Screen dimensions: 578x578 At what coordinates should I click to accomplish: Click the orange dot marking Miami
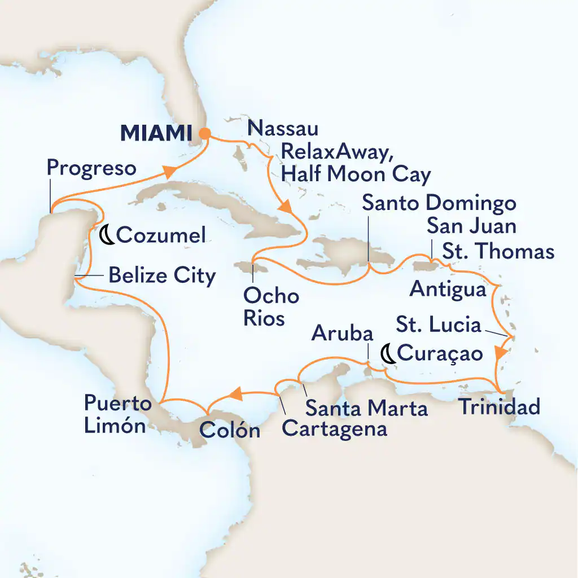[205, 134]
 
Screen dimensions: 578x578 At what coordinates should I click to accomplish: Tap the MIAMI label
[154, 134]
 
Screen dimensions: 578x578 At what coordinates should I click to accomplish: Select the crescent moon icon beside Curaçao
[388, 354]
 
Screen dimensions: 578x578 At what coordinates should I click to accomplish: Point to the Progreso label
[91, 168]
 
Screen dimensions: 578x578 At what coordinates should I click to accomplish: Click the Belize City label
[162, 276]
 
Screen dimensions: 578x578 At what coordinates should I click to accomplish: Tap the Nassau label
[283, 129]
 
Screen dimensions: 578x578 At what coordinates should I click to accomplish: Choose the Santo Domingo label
[431, 204]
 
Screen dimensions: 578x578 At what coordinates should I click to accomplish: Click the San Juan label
[471, 227]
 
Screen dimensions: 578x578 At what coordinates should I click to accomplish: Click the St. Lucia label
[438, 325]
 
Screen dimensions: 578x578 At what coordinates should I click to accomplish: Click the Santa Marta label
[366, 408]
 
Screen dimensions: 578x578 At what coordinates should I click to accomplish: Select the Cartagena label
[335, 429]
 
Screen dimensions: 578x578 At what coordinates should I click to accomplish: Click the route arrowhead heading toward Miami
[173, 170]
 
